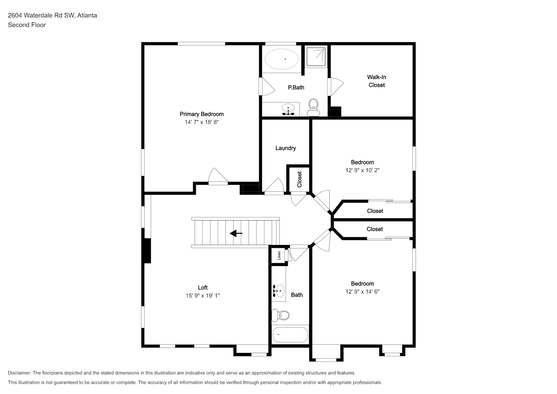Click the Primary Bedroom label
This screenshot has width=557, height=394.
tap(202, 114)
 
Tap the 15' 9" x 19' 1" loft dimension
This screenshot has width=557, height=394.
tap(202, 295)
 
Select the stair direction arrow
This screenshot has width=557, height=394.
tap(236, 234)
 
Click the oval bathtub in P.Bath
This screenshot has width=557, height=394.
tap(282, 59)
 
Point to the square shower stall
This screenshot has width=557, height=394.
tap(316, 57)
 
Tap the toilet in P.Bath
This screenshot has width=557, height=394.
tap(314, 108)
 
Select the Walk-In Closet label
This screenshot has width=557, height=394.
tap(377, 81)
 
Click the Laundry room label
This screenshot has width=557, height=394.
tap(286, 148)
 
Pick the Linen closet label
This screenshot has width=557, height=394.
tap(279, 255)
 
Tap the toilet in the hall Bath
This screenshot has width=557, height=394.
tap(280, 316)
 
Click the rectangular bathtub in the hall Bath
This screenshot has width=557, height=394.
tap(290, 335)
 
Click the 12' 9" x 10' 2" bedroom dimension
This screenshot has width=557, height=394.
tap(362, 170)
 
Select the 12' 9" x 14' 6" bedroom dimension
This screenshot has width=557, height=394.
tap(362, 292)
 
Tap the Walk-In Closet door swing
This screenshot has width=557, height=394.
tap(336, 87)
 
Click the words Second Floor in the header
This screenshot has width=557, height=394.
tap(27, 25)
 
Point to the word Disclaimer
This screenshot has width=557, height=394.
tap(19, 373)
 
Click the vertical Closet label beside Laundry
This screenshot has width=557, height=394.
tap(299, 179)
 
